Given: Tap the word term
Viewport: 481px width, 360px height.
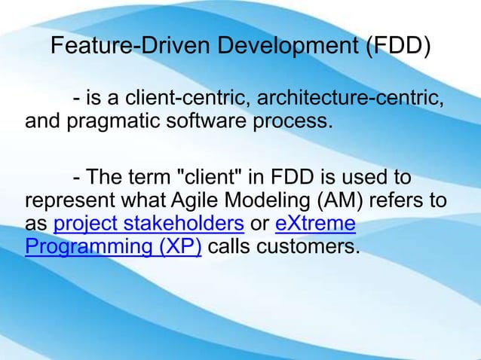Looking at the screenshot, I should (146, 180).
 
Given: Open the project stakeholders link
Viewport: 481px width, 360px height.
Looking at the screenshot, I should (149, 224).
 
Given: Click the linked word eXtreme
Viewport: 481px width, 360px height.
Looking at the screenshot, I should (316, 224).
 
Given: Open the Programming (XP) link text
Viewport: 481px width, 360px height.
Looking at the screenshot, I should (112, 247).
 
